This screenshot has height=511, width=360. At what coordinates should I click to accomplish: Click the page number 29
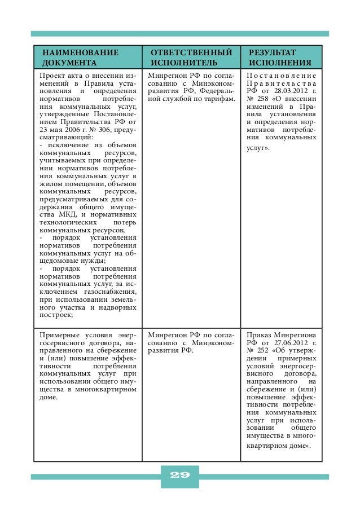[179, 474]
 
